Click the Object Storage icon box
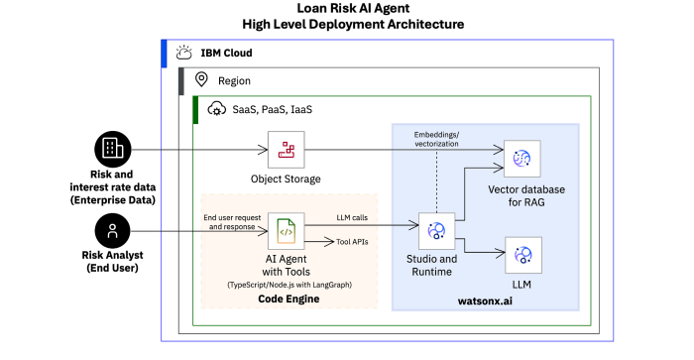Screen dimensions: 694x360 pos(286,150)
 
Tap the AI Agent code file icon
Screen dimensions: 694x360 pos(286,231)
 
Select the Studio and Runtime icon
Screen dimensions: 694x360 pos(436,231)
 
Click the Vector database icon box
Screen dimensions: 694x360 pos(521,159)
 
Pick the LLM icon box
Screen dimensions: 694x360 pos(523,255)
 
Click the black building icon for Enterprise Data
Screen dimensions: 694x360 pos(113,149)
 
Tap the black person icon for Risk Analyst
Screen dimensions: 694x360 pos(112,231)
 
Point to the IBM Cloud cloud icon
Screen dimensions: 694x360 pos(183,53)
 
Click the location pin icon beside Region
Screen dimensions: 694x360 pos(201,79)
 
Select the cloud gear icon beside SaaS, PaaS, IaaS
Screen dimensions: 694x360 pos(216,109)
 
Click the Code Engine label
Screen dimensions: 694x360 pos(289,299)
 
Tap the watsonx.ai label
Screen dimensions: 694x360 pos(485,301)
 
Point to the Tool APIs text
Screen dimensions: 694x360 pos(352,242)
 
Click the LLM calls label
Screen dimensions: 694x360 pos(352,217)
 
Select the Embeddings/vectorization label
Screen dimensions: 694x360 pos(436,139)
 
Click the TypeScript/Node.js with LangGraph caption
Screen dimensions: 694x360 pos(289,285)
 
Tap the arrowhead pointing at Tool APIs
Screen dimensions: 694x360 pos(330,242)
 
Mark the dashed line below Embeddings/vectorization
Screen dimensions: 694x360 pos(437,181)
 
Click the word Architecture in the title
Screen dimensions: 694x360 pos(425,24)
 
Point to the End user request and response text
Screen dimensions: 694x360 pos(232,222)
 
